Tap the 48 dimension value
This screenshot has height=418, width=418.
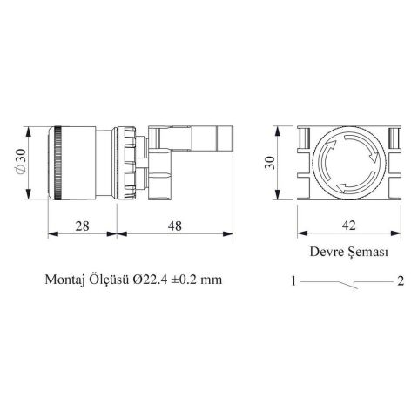click(174, 226)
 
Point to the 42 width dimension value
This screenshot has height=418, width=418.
click(349, 226)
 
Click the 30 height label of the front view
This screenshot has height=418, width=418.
click(272, 163)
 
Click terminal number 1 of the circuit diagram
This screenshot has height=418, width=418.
click(295, 281)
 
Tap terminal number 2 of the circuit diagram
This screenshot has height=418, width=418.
click(400, 281)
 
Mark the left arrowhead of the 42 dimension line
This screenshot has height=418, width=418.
click(302, 233)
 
